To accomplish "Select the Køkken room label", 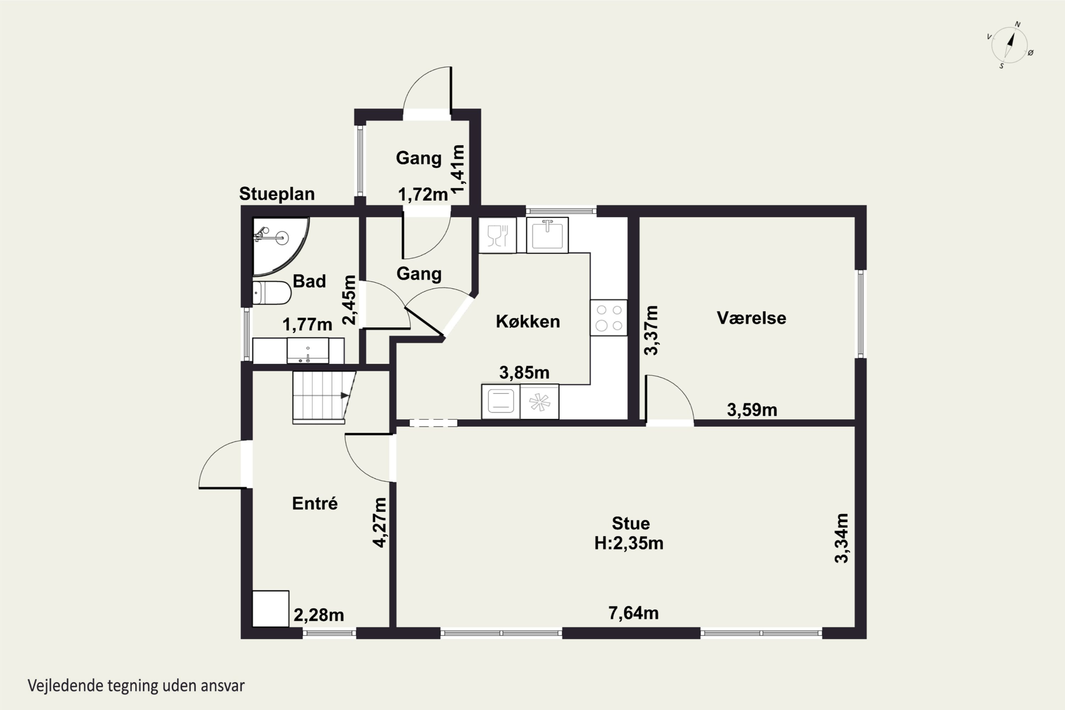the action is tap(528, 322).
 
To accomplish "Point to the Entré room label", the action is tap(315, 503).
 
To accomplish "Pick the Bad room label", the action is tap(309, 281).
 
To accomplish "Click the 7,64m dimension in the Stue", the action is tap(633, 613).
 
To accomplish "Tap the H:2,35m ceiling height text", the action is tap(629, 543).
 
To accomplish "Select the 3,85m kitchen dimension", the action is tap(524, 373).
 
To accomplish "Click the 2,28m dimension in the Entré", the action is tap(319, 615).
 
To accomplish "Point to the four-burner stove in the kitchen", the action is tap(608, 318).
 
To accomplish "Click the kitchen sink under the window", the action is tap(547, 235).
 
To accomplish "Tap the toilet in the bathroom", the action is tap(271, 293).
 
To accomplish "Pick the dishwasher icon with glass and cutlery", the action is tap(498, 235).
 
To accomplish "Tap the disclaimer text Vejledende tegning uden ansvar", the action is tap(136, 686).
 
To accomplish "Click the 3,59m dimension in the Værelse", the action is tap(752, 410).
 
